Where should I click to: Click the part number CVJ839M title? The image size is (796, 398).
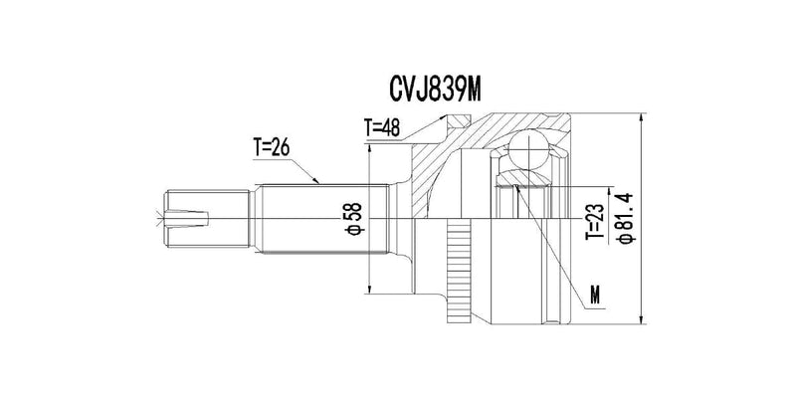[x=435, y=91]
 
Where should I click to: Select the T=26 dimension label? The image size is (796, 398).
[x=272, y=147]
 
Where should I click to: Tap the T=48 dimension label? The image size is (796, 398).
[x=382, y=127]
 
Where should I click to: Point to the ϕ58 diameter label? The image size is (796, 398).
[x=355, y=219]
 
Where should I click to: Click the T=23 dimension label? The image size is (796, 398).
[x=594, y=222]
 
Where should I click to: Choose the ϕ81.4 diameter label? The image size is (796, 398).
[x=627, y=219]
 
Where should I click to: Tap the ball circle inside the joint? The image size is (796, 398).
[x=528, y=148]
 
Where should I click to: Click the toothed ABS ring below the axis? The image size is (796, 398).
[x=459, y=272]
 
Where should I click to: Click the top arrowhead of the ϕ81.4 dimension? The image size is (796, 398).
[x=642, y=117]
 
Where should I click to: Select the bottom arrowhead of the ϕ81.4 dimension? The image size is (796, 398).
[x=642, y=319]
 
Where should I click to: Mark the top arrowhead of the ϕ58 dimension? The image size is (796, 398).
[x=370, y=148]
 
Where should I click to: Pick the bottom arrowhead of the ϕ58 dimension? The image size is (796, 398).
[x=370, y=290]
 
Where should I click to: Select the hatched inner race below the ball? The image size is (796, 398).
[x=523, y=179]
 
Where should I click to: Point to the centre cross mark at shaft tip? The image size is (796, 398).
[x=161, y=219]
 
